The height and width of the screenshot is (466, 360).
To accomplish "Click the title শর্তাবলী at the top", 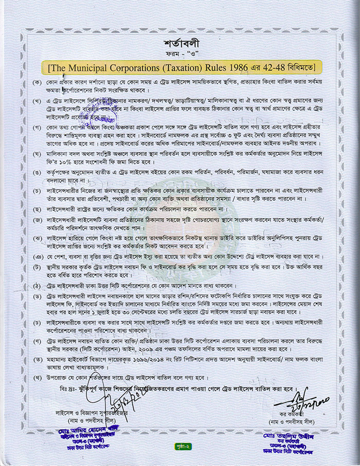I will [x=179, y=43].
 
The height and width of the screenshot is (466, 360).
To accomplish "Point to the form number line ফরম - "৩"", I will [x=179, y=55].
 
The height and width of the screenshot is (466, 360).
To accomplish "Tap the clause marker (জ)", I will [x=37, y=221].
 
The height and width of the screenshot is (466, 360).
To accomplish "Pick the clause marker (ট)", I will [x=37, y=268].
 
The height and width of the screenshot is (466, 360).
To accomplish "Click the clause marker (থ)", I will [x=37, y=379].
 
